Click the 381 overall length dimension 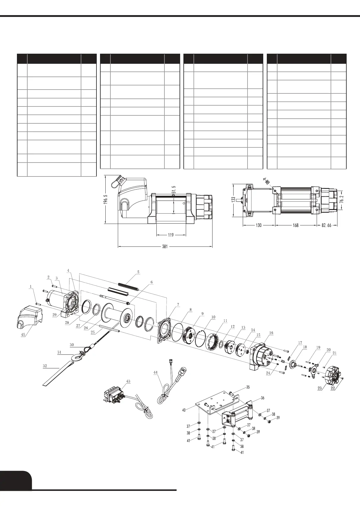pyautogui.click(x=165, y=246)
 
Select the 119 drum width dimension pyautogui.click(x=171, y=235)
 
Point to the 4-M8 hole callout pyautogui.click(x=266, y=182)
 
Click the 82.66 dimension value pyautogui.click(x=328, y=225)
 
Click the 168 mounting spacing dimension pyautogui.click(x=296, y=225)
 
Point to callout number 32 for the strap pyautogui.click(x=45, y=366)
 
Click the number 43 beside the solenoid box pyautogui.click(x=128, y=381)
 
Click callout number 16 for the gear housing pyautogui.click(x=271, y=333)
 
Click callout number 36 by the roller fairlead pyautogui.click(x=263, y=398)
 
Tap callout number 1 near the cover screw pyautogui.click(x=30, y=287)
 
